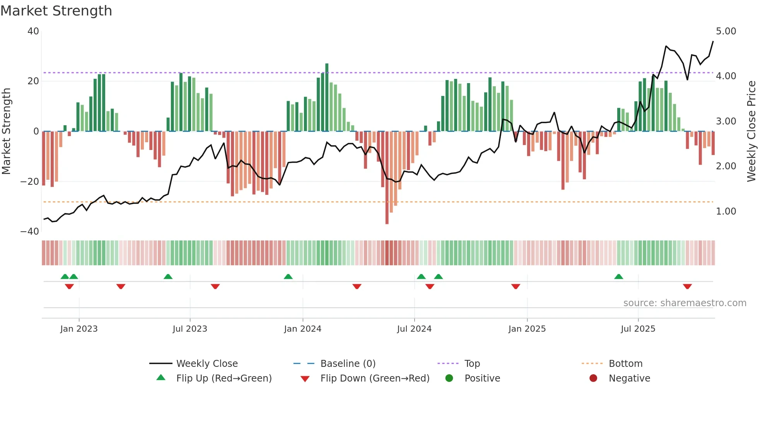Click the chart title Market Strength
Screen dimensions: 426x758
pos(56,10)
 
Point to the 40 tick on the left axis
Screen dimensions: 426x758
pos(33,31)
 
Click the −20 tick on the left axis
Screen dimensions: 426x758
pos(30,181)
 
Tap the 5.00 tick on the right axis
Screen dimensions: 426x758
pos(726,31)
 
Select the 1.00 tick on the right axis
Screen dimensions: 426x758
pos(726,211)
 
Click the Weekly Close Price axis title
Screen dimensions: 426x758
pos(751,131)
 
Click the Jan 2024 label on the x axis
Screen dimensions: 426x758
pos(302,329)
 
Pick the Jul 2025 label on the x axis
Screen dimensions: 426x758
pos(638,329)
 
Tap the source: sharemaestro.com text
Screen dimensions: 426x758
pos(685,303)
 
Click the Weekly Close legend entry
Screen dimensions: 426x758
pos(207,364)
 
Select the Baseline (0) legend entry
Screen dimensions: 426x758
pos(348,364)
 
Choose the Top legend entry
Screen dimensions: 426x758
pos(472,364)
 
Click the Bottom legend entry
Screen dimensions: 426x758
pos(625,364)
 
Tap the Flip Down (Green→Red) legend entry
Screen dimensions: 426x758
pos(374,378)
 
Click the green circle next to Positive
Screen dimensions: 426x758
pos(449,378)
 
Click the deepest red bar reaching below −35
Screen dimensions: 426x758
pos(387,178)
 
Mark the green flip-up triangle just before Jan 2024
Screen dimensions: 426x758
pos(288,277)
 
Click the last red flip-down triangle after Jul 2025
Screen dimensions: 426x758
pos(687,286)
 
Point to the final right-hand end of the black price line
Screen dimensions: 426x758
pos(713,41)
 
